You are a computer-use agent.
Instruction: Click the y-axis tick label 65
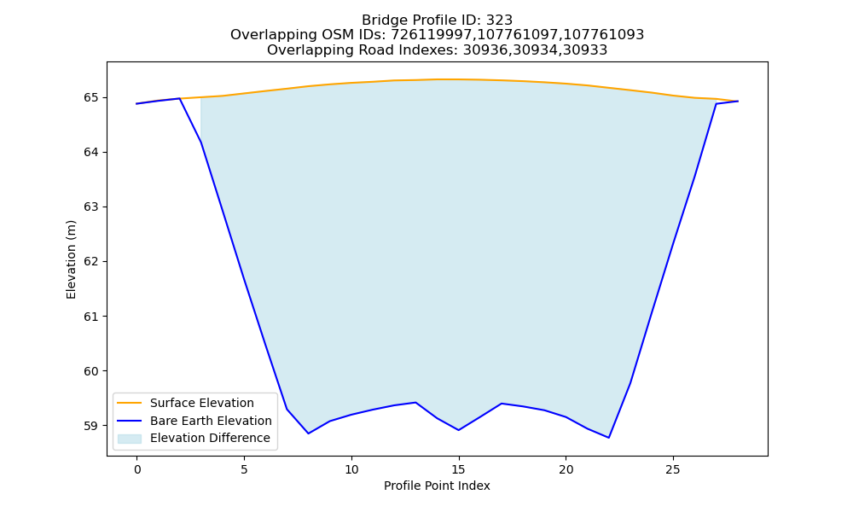point(91,98)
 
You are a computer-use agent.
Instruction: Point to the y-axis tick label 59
point(91,426)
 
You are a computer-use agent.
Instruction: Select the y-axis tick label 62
point(91,262)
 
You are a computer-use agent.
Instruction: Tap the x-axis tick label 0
point(137,469)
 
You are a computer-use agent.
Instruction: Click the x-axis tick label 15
point(459,469)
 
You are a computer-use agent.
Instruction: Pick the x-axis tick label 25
point(673,469)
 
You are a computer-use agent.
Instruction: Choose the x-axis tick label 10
point(351,469)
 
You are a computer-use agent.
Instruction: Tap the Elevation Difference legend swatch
point(130,439)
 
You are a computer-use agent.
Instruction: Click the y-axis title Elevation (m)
point(72,259)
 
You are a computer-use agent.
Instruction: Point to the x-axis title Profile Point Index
point(437,486)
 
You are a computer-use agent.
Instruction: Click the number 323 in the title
point(499,20)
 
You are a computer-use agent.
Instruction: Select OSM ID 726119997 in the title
point(432,35)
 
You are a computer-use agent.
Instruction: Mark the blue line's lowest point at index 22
point(609,438)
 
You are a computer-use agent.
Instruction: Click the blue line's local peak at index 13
point(415,403)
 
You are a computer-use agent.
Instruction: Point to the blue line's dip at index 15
point(459,430)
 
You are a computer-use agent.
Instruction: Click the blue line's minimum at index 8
point(309,433)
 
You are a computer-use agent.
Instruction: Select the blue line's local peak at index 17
point(502,403)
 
